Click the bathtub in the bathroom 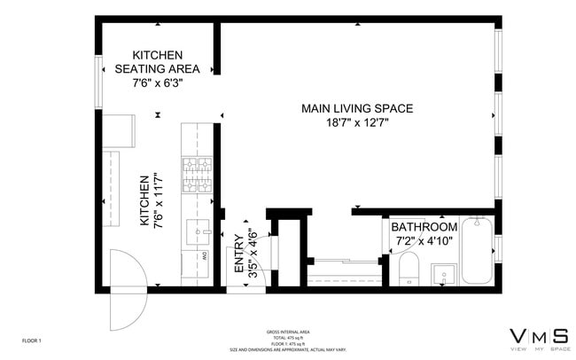[x=475, y=250]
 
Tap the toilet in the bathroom [x=409, y=268]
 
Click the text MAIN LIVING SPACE [x=357, y=108]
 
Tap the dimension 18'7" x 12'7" [x=357, y=123]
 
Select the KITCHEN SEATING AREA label [x=157, y=61]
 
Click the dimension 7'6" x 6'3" [x=157, y=84]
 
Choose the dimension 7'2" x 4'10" [x=424, y=240]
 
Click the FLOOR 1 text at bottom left [x=32, y=340]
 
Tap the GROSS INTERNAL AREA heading [x=288, y=332]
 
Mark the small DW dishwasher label [x=206, y=256]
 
